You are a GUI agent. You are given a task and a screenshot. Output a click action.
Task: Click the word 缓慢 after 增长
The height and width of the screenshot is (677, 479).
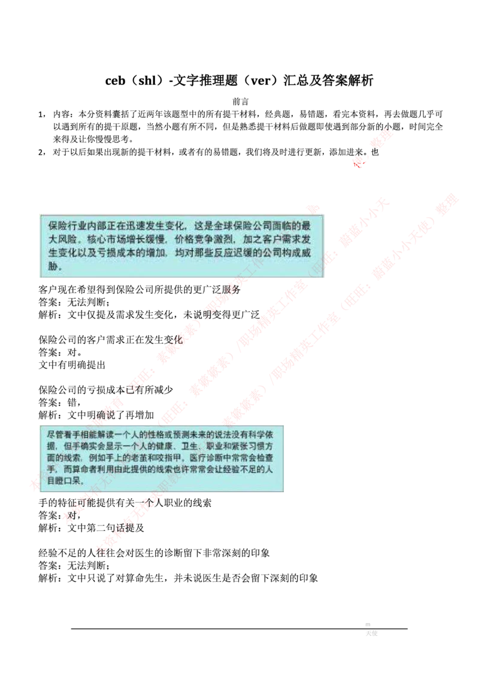pyautogui.click(x=152, y=241)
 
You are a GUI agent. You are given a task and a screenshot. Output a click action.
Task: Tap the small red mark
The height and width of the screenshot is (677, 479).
pyautogui.click(x=359, y=164)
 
